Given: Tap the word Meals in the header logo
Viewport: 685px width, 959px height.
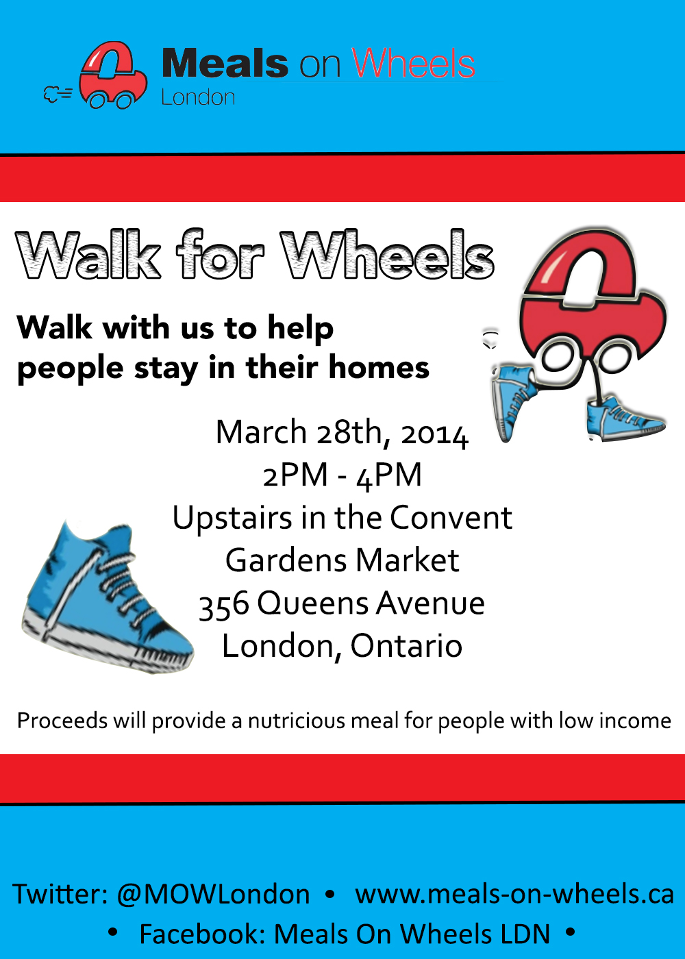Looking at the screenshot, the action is pyautogui.click(x=225, y=63).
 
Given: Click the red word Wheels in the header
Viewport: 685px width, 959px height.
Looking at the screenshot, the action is pyautogui.click(x=413, y=63).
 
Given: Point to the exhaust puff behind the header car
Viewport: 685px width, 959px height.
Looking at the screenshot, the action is pyautogui.click(x=58, y=95).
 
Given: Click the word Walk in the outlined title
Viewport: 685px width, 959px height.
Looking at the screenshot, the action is pyautogui.click(x=88, y=256).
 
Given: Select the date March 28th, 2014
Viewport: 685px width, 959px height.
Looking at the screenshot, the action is pyautogui.click(x=342, y=433).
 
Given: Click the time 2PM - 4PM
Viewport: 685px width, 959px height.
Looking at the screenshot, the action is pyautogui.click(x=342, y=475).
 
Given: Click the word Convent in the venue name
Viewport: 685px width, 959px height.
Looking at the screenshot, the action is pyautogui.click(x=451, y=518).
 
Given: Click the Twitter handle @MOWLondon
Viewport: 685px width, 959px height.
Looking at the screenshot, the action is pyautogui.click(x=213, y=895).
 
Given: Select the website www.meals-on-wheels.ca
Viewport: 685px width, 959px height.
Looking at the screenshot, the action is pyautogui.click(x=514, y=894).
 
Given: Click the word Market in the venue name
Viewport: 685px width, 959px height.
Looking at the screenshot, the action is pyautogui.click(x=407, y=560).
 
